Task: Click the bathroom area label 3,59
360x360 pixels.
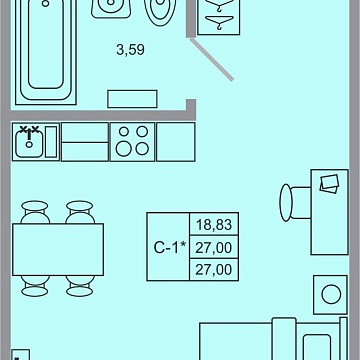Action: click(130, 50)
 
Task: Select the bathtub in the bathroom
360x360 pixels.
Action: click(46, 52)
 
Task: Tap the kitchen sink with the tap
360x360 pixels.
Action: click(29, 142)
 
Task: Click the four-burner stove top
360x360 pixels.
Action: click(133, 142)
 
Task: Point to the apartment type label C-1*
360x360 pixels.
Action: click(169, 247)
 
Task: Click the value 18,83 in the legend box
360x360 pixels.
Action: click(214, 225)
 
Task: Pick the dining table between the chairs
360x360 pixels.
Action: click(58, 250)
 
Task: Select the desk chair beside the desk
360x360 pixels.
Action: click(295, 202)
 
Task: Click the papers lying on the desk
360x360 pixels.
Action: click(329, 184)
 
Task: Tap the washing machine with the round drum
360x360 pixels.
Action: click(331, 294)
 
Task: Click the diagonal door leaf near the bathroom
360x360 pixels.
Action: click(212, 59)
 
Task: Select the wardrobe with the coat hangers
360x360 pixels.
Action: click(219, 17)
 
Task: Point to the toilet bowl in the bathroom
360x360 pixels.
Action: click(160, 13)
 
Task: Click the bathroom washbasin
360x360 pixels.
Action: click(111, 8)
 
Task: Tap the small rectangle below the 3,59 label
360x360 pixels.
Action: click(132, 99)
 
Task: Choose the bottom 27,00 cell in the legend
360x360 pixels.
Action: click(214, 269)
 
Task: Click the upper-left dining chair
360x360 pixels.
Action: click(35, 212)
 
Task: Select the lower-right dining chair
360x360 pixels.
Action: click(79, 286)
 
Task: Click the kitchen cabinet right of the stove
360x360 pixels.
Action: click(176, 142)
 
